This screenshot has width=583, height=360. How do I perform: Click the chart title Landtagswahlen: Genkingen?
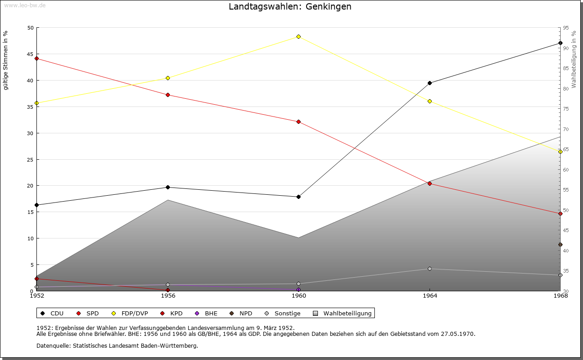290,7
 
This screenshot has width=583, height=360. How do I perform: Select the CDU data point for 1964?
430,83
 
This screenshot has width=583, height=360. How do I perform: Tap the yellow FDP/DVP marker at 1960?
298,36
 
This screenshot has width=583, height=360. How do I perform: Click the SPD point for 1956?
168,95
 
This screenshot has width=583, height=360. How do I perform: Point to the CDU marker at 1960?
298,197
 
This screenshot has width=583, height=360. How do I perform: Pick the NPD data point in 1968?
560,244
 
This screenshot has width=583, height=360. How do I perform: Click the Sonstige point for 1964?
430,269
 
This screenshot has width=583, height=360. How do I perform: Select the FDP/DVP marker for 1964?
430,101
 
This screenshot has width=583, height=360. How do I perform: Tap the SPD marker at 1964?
430,183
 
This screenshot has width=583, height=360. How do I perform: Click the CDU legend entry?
52,313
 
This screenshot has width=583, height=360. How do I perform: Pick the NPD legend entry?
241,313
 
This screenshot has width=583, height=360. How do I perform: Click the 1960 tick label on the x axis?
298,296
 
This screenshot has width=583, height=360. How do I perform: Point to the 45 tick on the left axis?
31,54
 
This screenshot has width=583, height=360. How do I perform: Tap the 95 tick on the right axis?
565,28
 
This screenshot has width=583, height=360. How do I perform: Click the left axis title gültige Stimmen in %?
6,61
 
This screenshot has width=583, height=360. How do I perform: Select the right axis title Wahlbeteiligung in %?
574,59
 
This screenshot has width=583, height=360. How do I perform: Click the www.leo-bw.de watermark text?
24,5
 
